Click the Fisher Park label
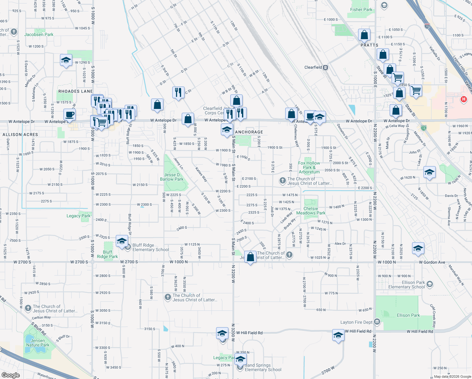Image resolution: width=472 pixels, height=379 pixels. (x=361, y=9)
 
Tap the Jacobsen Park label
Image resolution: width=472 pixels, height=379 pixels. (x=39, y=34)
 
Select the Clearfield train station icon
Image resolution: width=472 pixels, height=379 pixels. (x=326, y=67)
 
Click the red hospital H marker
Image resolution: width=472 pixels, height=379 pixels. (x=463, y=99)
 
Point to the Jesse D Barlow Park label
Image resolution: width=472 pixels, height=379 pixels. (x=172, y=177)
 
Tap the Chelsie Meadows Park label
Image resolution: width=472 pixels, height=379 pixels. (x=311, y=211)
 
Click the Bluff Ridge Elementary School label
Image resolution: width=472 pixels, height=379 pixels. (x=151, y=247)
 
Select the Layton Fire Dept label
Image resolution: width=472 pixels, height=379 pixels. (x=357, y=322)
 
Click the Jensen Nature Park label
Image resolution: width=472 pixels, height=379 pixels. (x=38, y=343)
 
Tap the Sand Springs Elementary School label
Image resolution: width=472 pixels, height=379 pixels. (x=263, y=367)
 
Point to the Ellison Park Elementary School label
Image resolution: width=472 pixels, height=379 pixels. (x=407, y=285)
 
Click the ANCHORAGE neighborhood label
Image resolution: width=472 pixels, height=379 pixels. (x=249, y=132)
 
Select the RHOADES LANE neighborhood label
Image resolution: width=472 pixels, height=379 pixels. (x=75, y=91)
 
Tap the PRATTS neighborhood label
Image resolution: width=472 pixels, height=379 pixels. (x=369, y=45)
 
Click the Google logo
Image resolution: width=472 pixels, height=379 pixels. (x=10, y=375)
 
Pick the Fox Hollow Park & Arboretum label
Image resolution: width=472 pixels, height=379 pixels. (x=309, y=167)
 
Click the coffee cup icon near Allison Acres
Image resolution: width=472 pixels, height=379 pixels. (x=69, y=114)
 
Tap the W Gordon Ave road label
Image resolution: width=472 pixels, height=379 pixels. (x=432, y=262)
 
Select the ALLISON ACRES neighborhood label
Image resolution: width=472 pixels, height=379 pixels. (x=20, y=135)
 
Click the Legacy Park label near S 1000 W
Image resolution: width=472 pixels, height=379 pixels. (x=78, y=216)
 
